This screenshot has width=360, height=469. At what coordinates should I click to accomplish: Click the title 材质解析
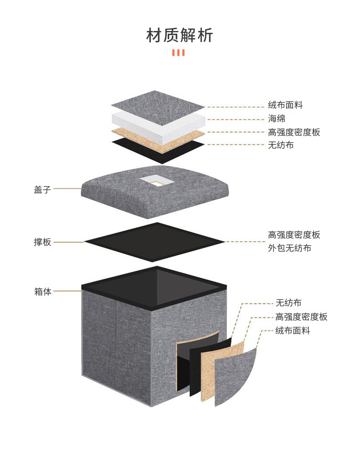click(x=180, y=35)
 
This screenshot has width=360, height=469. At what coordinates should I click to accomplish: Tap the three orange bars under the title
click(x=178, y=53)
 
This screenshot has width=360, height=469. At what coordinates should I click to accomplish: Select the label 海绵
click(x=277, y=119)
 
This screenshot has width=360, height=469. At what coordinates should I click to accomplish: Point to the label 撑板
click(x=42, y=242)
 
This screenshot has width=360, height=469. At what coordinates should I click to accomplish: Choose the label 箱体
click(x=43, y=291)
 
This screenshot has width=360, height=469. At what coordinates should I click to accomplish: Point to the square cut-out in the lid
click(x=153, y=181)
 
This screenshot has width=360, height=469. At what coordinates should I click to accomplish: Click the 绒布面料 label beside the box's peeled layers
click(x=293, y=330)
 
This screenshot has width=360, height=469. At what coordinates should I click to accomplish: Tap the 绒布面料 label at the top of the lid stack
click(x=285, y=105)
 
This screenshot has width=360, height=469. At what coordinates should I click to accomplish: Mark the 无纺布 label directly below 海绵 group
click(x=281, y=145)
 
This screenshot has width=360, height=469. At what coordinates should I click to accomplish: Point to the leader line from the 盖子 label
click(x=67, y=189)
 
